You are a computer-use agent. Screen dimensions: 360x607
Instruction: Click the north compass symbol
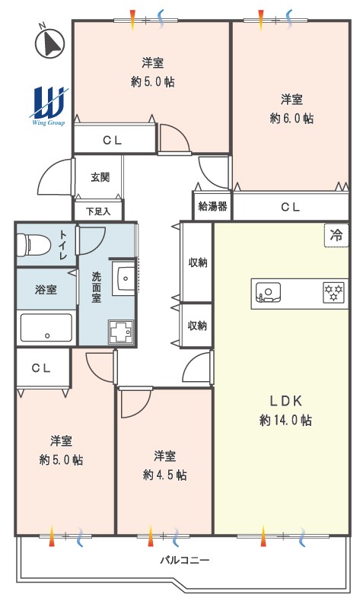(x=49, y=43)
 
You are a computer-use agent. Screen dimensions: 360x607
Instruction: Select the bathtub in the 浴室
(x=46, y=328)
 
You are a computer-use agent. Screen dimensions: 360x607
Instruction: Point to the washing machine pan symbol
(x=121, y=332)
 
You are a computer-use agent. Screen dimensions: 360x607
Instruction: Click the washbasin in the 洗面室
(x=123, y=278)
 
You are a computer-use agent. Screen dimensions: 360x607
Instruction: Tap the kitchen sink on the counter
(x=268, y=292)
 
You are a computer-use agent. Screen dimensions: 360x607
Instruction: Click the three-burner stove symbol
(x=333, y=293)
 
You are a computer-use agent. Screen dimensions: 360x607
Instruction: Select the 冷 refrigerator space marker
(x=336, y=235)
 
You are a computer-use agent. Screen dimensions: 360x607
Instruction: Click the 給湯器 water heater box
(x=212, y=206)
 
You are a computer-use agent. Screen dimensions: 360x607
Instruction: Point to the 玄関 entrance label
(x=100, y=177)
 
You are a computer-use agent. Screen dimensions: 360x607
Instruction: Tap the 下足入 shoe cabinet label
(x=98, y=211)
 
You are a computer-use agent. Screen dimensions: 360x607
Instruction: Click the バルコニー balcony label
(x=185, y=560)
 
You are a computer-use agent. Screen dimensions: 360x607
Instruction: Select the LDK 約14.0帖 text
(x=285, y=410)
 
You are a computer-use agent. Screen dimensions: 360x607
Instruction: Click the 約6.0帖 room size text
(x=292, y=118)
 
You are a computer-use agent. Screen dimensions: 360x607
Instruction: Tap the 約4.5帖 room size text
(x=164, y=475)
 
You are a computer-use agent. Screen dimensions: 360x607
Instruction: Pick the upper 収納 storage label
(x=198, y=262)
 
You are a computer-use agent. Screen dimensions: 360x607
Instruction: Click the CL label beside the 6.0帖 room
(x=291, y=207)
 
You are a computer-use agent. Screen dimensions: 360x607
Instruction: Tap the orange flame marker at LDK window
(x=263, y=536)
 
